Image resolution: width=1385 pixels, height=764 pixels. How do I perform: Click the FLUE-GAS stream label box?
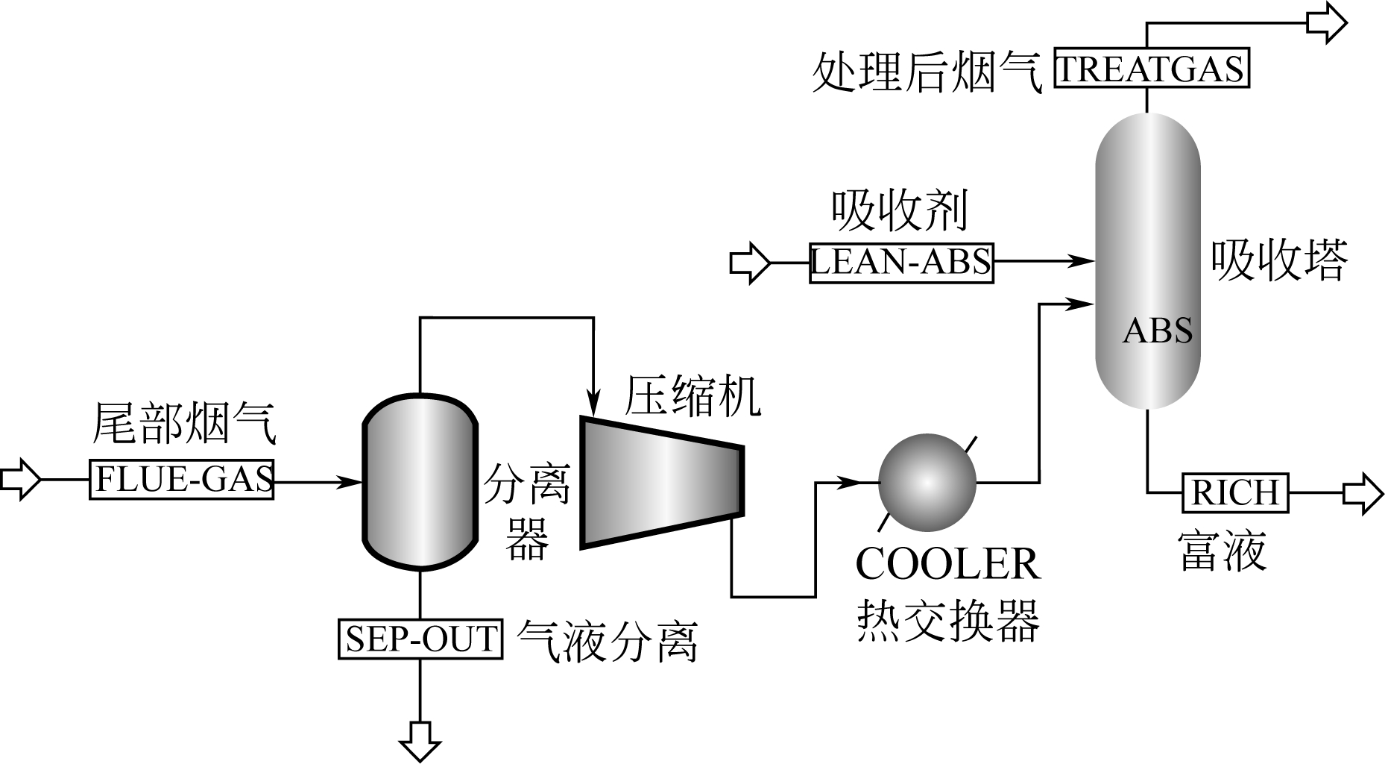[181, 479]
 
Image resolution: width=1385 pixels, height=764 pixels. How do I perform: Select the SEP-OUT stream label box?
[420, 639]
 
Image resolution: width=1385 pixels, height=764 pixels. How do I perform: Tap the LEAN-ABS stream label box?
[901, 262]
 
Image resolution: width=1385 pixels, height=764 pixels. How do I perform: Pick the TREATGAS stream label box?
[1151, 69]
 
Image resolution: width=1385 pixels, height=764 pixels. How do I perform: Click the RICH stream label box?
[1235, 492]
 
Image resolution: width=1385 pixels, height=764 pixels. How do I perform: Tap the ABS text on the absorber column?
[1157, 331]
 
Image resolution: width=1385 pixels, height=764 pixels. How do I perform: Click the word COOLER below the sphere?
[947, 564]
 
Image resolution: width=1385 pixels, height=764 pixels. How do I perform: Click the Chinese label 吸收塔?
[1279, 260]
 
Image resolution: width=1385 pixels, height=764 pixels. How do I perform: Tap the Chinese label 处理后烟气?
[927, 72]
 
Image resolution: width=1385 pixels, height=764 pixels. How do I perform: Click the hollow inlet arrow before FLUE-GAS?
[20, 479]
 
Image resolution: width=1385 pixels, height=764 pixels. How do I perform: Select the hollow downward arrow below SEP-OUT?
[420, 740]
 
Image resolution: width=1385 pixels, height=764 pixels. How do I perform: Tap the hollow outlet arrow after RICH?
[1363, 493]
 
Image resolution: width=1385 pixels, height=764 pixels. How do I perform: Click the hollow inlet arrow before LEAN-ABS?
[749, 263]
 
